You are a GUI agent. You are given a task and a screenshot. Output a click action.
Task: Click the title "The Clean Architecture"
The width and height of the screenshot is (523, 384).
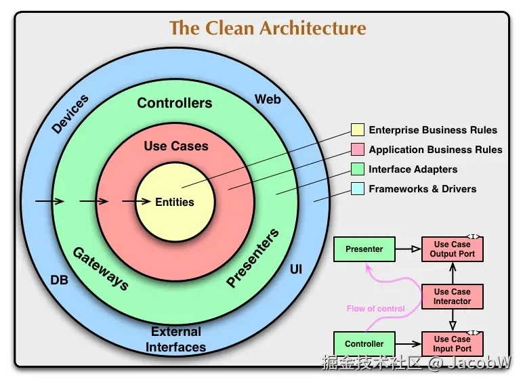click(x=268, y=28)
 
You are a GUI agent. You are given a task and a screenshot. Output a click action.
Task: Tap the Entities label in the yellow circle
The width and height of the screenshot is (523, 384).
click(x=175, y=202)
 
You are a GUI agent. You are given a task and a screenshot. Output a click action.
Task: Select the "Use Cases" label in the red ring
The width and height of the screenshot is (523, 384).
click(x=176, y=146)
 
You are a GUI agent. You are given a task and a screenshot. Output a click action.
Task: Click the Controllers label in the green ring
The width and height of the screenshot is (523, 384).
click(x=175, y=103)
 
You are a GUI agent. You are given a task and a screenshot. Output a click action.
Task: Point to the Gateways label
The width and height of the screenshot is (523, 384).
click(x=100, y=268)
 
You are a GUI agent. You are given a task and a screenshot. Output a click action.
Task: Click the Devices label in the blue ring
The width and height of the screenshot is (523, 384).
click(x=70, y=114)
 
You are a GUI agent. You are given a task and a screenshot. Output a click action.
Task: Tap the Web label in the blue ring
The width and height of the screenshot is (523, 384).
click(x=268, y=100)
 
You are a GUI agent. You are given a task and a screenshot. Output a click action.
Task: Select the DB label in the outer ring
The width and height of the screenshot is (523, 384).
click(x=60, y=279)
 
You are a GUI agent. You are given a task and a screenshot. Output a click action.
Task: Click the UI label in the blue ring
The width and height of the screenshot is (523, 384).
click(x=296, y=270)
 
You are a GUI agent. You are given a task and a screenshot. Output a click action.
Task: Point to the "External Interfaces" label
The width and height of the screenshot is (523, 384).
click(x=175, y=339)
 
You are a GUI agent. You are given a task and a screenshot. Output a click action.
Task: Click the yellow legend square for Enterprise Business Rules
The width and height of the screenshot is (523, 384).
click(x=358, y=130)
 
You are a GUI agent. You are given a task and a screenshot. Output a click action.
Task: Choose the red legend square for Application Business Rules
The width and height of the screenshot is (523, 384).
click(x=358, y=150)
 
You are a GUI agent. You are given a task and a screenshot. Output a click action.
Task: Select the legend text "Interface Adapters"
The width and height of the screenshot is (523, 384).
click(x=413, y=169)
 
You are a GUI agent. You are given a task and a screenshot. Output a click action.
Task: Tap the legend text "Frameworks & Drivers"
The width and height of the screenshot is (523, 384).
click(x=422, y=189)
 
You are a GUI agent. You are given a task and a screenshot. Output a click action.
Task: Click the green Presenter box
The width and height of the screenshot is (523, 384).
click(x=364, y=249)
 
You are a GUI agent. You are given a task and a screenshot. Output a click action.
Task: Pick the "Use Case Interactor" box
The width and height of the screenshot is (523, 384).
click(x=452, y=297)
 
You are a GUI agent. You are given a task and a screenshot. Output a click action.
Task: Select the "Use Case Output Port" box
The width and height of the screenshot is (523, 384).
click(x=452, y=249)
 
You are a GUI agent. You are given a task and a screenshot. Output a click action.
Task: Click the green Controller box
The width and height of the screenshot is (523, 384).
click(x=364, y=344)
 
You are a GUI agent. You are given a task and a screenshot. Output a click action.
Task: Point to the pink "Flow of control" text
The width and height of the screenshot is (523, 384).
click(x=375, y=309)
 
